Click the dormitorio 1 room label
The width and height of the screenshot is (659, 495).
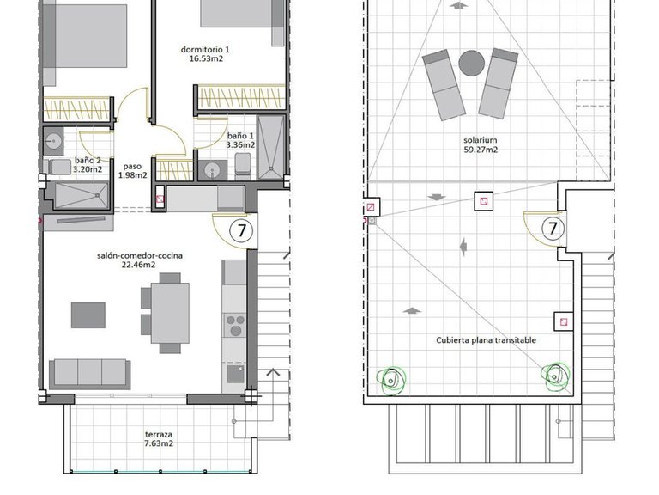point(205,50)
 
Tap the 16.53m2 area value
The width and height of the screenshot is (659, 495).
point(206,59)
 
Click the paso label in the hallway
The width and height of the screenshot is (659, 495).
point(132,166)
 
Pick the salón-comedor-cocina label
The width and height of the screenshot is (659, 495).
point(140,255)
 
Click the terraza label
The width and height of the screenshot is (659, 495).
point(159,434)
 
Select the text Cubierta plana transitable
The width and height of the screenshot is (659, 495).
point(486,340)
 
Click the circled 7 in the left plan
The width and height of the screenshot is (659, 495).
point(242,230)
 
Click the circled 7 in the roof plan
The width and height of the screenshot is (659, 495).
point(553,228)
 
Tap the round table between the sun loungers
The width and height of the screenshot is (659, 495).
point(472,64)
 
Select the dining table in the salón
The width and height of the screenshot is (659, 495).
point(170,313)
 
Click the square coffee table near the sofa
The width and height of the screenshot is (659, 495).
point(88,315)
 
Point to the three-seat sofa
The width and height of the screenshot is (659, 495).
point(89,374)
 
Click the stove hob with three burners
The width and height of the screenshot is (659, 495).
point(234,326)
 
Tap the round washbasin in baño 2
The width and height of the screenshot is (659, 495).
point(53,139)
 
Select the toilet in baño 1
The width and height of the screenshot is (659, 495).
point(243,164)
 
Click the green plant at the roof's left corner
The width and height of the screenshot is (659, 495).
point(391,381)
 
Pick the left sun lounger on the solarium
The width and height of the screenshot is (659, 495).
point(444,85)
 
